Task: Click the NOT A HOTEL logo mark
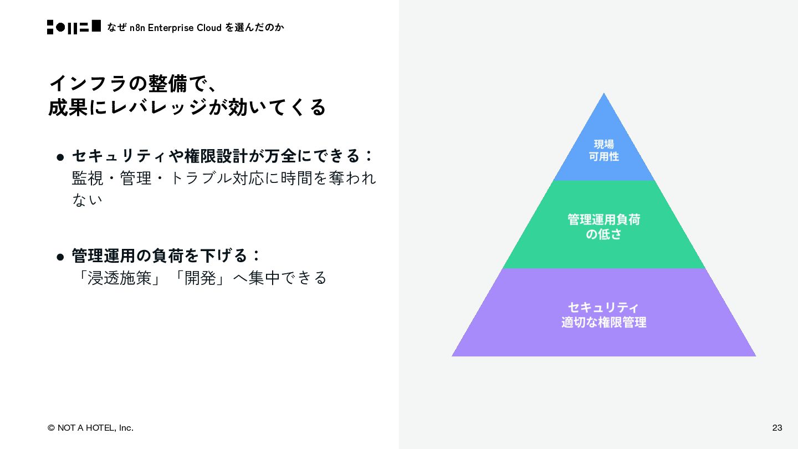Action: [74, 27]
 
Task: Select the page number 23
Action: [777, 427]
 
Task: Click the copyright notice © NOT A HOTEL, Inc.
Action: [90, 427]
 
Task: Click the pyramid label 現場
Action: [603, 144]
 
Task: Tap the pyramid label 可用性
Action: [603, 157]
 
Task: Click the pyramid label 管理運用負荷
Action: [603, 220]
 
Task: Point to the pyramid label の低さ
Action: [603, 234]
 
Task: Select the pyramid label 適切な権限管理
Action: [603, 322]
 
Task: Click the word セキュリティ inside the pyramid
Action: [603, 307]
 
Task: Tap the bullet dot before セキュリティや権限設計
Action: [61, 157]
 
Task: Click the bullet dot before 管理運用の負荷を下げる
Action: [61, 257]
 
